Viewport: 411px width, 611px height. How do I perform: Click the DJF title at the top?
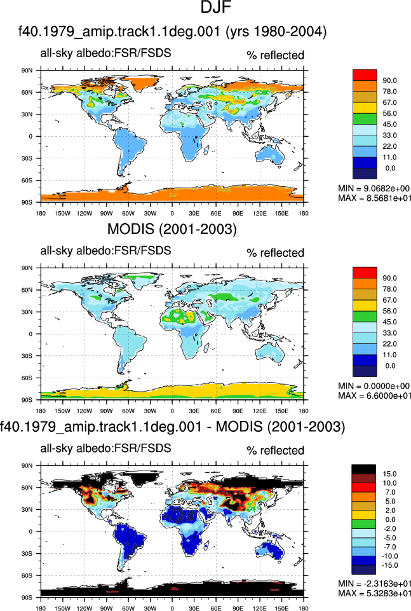click(216, 8)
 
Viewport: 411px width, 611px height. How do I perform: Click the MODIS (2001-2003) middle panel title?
click(172, 229)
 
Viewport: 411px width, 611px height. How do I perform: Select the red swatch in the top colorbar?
click(365, 75)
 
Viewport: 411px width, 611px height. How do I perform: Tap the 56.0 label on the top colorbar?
click(389, 113)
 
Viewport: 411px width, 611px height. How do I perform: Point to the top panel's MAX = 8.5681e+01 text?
click(374, 198)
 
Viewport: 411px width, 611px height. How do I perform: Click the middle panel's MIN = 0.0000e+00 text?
click(374, 386)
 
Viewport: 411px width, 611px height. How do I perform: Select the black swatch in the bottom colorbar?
click(363, 469)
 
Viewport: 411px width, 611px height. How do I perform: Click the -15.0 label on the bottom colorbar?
click(389, 565)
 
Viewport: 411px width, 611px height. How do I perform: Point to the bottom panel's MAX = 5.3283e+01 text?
click(374, 593)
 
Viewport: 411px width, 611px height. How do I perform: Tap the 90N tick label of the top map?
click(27, 71)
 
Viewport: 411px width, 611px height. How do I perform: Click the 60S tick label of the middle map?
click(27, 378)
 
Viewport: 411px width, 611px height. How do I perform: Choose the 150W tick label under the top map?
click(62, 214)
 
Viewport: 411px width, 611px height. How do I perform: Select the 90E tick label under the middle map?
click(238, 411)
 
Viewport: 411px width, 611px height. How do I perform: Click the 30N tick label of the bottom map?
click(27, 510)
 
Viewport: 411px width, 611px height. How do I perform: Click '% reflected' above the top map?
click(275, 55)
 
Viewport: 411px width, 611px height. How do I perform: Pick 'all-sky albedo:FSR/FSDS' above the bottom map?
click(105, 448)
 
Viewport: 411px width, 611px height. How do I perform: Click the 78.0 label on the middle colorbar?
click(389, 289)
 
